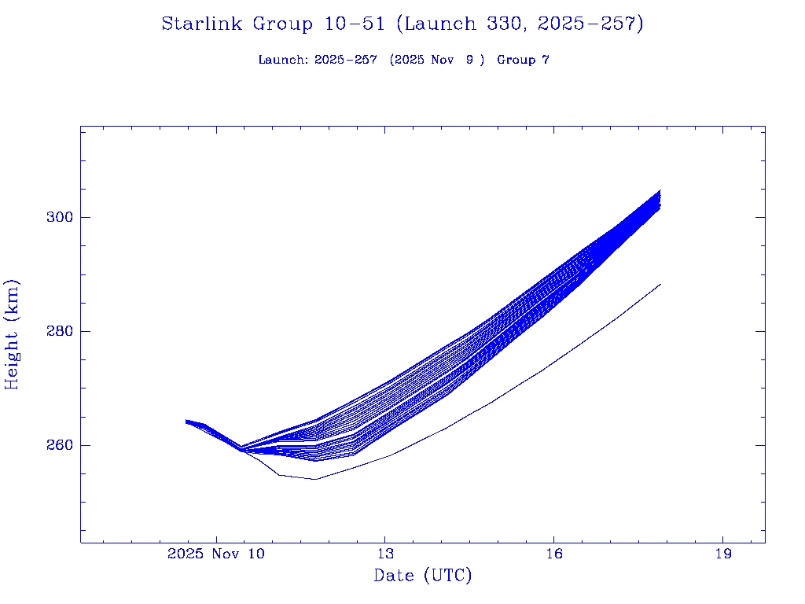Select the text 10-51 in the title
pos(354,24)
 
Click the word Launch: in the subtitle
pos(283,61)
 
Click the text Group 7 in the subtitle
pos(523,61)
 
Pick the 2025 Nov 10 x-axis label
pos(216,554)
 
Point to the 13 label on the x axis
pos(385,554)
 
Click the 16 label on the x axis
pos(554,554)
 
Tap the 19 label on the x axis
pos(722,554)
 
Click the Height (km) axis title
pos(13,334)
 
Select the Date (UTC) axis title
pos(423,576)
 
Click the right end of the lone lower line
pos(660,284)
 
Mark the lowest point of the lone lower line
pos(315,479)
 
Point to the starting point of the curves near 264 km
pos(187,422)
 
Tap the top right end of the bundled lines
pos(660,191)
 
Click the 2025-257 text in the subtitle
pos(345,61)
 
